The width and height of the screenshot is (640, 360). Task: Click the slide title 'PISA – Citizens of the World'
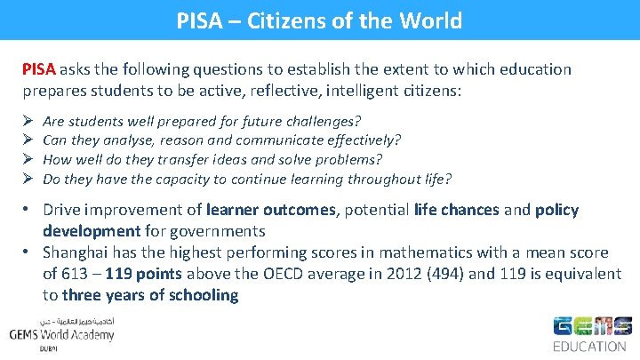pyautogui.click(x=319, y=20)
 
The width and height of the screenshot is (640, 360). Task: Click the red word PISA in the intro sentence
pyautogui.click(x=39, y=69)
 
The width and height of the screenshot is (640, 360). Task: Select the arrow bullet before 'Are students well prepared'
pyautogui.click(x=27, y=120)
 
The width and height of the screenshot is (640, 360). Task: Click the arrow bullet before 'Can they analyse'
pyautogui.click(x=27, y=140)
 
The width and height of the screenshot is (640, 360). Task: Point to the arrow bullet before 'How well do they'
pyautogui.click(x=27, y=159)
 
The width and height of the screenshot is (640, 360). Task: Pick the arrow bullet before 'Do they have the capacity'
pyautogui.click(x=27, y=179)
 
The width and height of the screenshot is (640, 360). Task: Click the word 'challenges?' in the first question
pyautogui.click(x=329, y=120)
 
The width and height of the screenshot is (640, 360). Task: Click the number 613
pyautogui.click(x=77, y=275)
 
